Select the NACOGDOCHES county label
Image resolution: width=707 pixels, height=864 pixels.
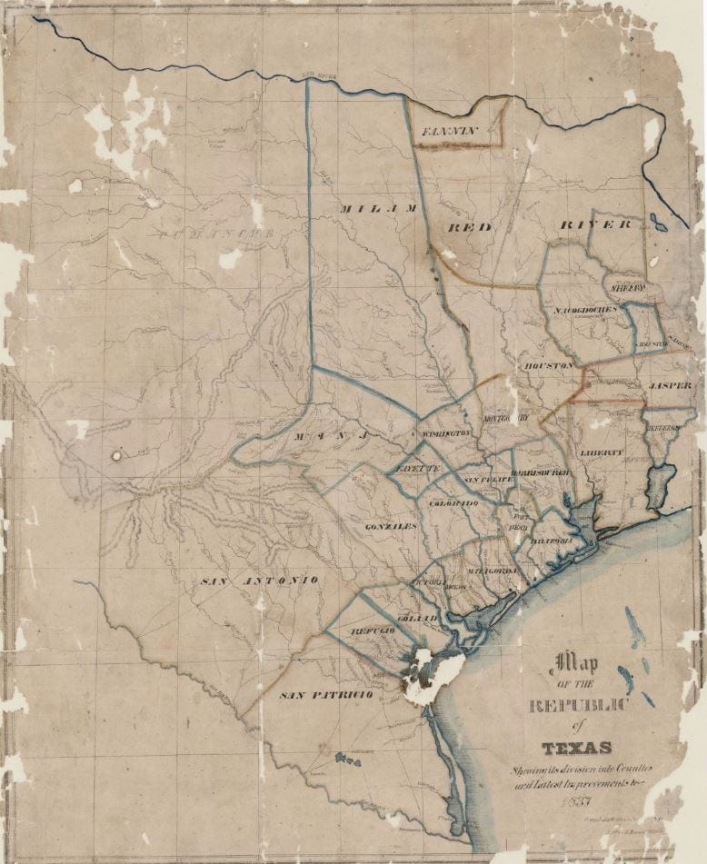pyautogui.click(x=584, y=309)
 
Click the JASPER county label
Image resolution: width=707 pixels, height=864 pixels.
pyautogui.click(x=671, y=385)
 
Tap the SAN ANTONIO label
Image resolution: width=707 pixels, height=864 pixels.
pyautogui.click(x=259, y=580)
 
